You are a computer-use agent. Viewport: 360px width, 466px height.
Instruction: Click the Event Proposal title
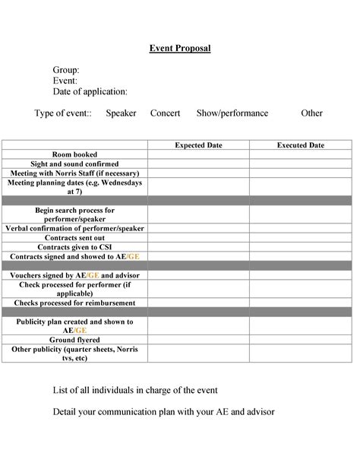tap(179, 49)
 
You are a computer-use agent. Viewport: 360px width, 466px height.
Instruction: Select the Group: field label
tap(66, 70)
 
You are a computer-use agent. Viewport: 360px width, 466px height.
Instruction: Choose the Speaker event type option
tap(121, 113)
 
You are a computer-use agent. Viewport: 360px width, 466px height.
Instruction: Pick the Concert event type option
tap(165, 113)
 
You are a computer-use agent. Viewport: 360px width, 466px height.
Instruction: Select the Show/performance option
tap(232, 113)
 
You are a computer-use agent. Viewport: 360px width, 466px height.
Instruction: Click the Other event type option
tap(311, 113)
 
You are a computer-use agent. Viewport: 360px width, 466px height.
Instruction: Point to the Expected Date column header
tap(198, 145)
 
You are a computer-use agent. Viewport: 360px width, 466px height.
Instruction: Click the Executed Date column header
tap(300, 145)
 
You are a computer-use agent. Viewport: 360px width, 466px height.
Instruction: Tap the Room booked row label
tap(74, 154)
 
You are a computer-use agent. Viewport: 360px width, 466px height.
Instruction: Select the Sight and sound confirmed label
tap(74, 163)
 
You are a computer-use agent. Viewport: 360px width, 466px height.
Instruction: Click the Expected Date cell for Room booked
tap(198, 154)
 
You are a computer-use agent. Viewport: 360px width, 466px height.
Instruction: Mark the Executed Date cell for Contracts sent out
tap(300, 238)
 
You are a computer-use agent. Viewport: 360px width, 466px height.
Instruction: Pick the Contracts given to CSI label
tap(74, 247)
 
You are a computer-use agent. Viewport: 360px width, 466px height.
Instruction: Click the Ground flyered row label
tap(74, 340)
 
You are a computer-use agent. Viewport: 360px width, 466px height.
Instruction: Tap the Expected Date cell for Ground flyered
tap(198, 340)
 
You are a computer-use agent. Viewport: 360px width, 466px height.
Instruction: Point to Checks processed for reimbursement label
tap(74, 303)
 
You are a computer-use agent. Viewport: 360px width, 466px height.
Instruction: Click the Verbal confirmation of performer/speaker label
tap(74, 228)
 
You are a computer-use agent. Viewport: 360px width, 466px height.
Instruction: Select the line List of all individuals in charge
tap(135, 390)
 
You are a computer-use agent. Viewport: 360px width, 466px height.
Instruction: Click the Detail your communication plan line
tap(163, 412)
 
